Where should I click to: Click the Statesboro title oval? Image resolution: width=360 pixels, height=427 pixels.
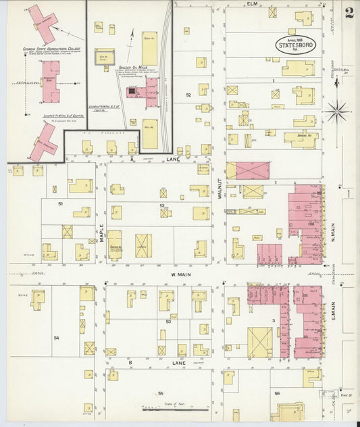[295, 43]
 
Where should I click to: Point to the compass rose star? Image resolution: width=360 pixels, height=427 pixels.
[337, 109]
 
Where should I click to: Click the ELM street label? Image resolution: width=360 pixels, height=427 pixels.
[253, 4]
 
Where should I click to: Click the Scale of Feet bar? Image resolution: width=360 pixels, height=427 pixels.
[169, 409]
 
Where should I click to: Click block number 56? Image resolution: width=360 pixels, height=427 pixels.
[277, 393]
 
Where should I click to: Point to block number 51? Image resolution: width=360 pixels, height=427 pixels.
[60, 203]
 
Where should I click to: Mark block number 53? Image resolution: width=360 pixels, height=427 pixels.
[167, 322]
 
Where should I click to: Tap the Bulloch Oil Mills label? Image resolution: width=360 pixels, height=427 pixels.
[141, 69]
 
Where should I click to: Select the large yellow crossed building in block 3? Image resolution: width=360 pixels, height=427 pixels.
[259, 343]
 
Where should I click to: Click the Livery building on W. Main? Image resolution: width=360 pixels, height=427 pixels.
[143, 246]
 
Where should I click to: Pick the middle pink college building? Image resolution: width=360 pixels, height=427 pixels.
[50, 81]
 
